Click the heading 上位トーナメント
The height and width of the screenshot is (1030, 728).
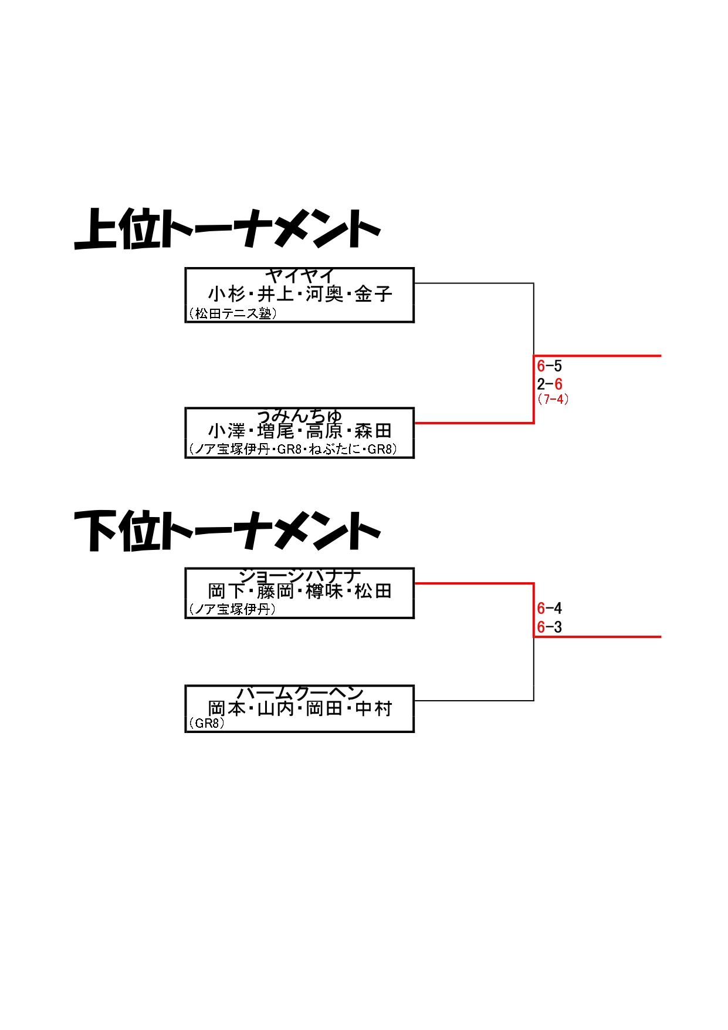(x=228, y=229)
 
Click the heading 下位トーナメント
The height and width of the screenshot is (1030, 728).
(x=228, y=531)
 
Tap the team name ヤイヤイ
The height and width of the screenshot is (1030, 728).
(x=299, y=275)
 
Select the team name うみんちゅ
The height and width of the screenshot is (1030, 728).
(x=299, y=416)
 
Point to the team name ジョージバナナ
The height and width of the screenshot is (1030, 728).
(x=299, y=575)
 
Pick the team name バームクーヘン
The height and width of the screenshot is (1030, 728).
(x=299, y=693)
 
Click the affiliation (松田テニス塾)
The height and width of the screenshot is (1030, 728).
(x=233, y=314)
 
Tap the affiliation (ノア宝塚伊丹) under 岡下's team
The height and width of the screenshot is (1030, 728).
(x=232, y=609)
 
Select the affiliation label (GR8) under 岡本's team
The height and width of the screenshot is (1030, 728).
(x=207, y=723)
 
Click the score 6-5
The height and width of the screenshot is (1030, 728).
(x=550, y=366)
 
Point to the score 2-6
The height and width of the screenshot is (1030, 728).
(x=550, y=384)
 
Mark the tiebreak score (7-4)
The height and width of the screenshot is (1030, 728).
(x=553, y=399)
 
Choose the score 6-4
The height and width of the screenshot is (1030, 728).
(x=550, y=609)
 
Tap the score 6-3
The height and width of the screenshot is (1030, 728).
(x=550, y=627)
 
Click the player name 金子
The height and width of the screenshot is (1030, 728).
(x=373, y=294)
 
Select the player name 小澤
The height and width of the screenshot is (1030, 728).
(x=226, y=431)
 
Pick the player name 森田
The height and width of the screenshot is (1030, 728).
(x=373, y=431)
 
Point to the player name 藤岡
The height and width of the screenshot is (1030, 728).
(x=275, y=591)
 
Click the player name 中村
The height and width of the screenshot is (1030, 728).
(x=373, y=708)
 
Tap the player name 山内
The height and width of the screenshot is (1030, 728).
(x=275, y=708)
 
